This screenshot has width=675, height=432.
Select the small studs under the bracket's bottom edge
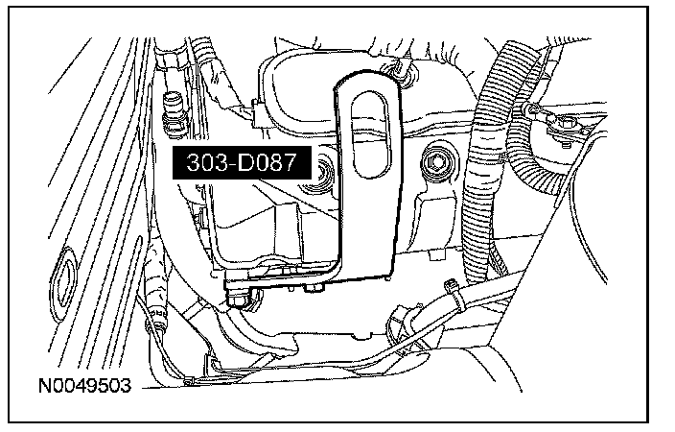[x=316, y=288]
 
